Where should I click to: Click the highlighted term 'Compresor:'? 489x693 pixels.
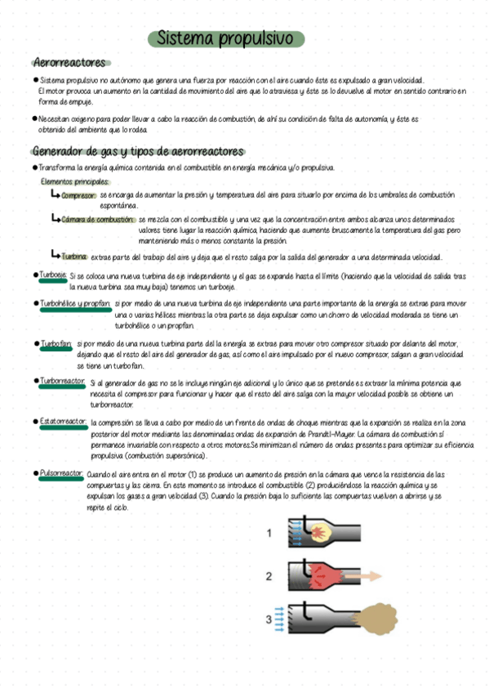pyautogui.click(x=78, y=196)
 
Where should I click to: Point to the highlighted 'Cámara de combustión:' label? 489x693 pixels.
pyautogui.click(x=98, y=220)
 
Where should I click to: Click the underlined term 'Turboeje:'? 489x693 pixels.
pyautogui.click(x=53, y=275)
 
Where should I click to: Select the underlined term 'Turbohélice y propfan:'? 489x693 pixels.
pyautogui.click(x=75, y=303)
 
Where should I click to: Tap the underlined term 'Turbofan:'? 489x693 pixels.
pyautogui.click(x=56, y=344)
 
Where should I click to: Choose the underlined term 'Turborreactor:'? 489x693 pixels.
pyautogui.click(x=63, y=382)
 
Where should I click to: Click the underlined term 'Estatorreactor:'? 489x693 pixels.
pyautogui.click(x=63, y=421)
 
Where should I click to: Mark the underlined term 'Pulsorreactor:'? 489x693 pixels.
pyautogui.click(x=61, y=473)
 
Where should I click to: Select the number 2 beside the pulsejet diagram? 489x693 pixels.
pyautogui.click(x=269, y=576)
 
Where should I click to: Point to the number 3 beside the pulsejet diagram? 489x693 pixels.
pyautogui.click(x=269, y=619)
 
